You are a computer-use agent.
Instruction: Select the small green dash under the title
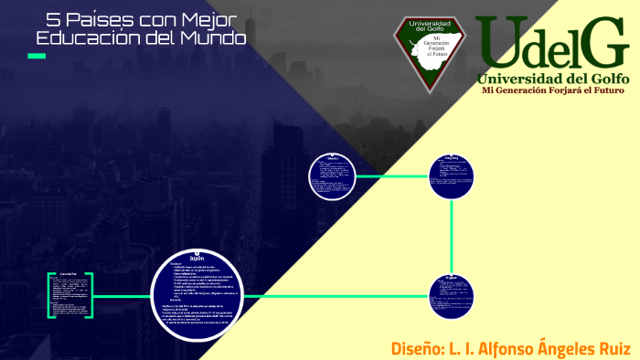coord(37,57)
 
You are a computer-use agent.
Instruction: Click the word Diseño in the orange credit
coord(415,348)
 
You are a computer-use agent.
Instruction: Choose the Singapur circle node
coord(452,296)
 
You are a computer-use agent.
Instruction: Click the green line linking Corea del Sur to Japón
coord(123,295)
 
